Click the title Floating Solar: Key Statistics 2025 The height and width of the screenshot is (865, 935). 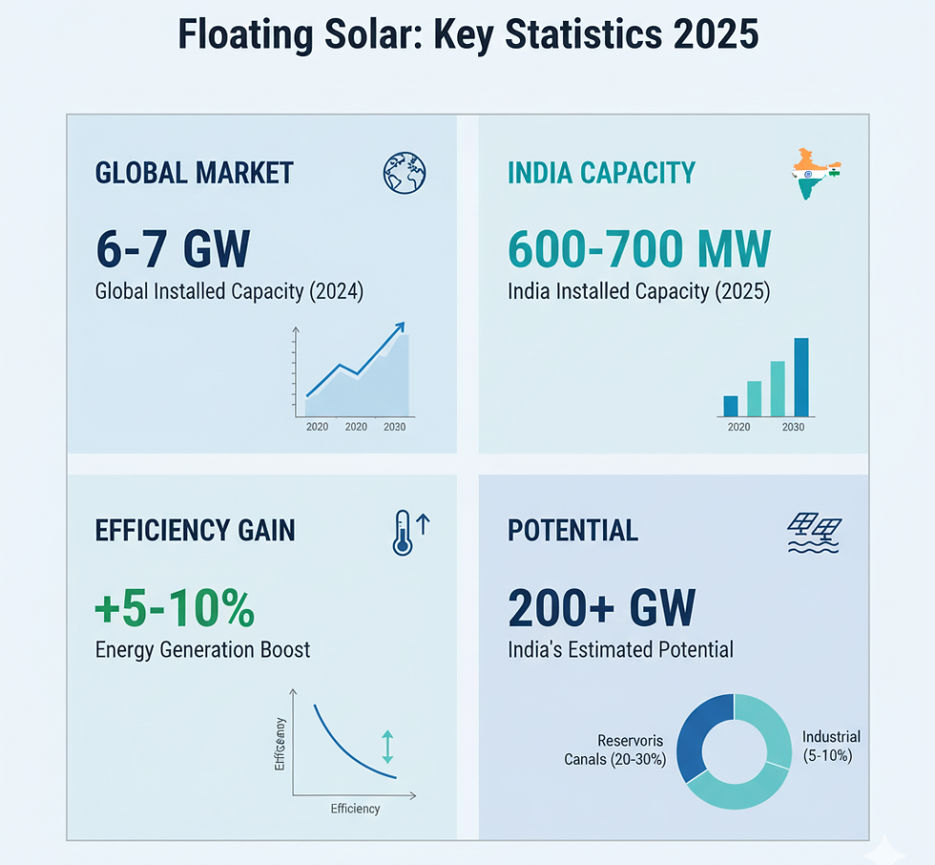tap(467, 34)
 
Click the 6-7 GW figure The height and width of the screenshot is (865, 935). tap(173, 249)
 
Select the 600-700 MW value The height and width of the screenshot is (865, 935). tap(638, 249)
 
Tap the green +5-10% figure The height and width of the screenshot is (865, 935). tap(175, 608)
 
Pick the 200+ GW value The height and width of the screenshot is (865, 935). tap(602, 607)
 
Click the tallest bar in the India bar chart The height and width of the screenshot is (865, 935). tap(801, 377)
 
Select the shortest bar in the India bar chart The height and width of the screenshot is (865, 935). tap(731, 406)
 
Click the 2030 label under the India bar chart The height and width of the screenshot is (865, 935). tap(792, 427)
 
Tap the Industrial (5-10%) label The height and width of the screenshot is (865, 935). tap(831, 746)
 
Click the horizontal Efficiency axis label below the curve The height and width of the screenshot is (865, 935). tap(355, 809)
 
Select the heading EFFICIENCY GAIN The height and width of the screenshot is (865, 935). tap(195, 530)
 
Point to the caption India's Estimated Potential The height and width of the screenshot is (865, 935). tap(621, 650)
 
